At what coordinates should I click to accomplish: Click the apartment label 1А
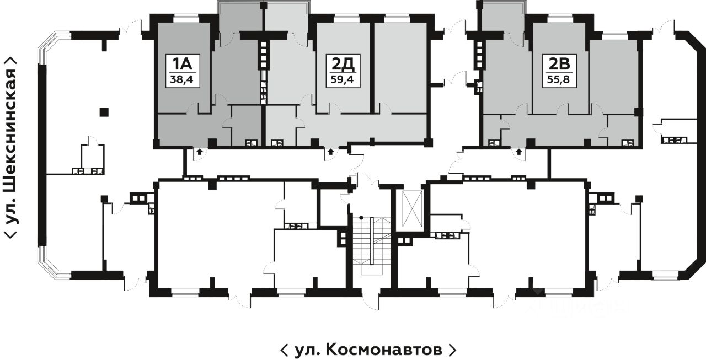click(183, 65)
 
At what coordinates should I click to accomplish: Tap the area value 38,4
click(181, 79)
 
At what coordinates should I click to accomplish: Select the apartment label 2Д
click(343, 65)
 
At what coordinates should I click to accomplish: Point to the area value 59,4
click(343, 79)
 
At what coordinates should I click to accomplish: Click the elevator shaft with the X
click(412, 208)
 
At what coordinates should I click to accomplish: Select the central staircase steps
click(371, 246)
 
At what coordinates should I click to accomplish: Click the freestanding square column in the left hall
click(104, 112)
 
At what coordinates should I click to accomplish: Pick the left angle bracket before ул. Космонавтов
click(284, 350)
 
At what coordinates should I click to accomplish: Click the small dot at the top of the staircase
click(361, 217)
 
